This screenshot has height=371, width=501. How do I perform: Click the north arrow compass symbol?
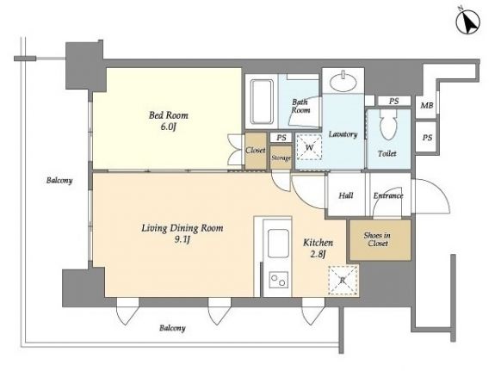click(468, 22)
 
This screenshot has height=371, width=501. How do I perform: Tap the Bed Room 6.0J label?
click(169, 121)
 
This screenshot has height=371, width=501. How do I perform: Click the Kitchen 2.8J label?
click(318, 248)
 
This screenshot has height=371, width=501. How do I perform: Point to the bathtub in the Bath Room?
click(262, 102)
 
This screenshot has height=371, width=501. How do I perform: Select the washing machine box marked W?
click(309, 147)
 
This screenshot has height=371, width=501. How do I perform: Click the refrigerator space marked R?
click(343, 281)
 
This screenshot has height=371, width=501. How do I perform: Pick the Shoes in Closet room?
click(380, 239)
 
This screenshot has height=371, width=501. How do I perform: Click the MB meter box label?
click(427, 105)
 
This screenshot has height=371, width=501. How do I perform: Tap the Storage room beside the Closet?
click(281, 158)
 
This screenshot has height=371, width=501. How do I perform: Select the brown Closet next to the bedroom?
click(256, 151)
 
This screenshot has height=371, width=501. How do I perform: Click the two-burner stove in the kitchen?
click(279, 280)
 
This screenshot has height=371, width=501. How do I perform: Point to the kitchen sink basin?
click(278, 244)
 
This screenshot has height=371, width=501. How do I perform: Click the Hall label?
click(346, 195)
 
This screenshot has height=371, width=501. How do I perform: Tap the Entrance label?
click(388, 195)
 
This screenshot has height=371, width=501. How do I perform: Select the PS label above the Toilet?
click(393, 101)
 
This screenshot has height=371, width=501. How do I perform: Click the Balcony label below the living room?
click(172, 328)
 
